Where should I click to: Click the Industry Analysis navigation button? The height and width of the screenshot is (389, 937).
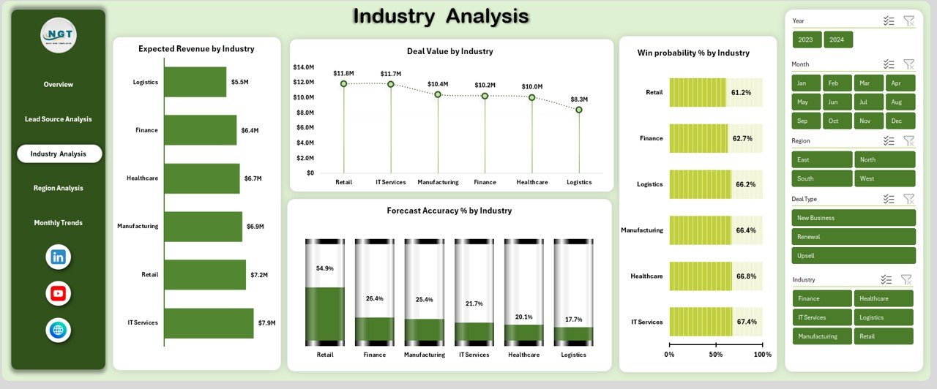(59, 154)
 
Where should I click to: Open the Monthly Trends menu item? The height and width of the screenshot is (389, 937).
(58, 223)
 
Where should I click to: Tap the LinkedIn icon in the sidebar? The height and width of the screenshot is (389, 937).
(59, 257)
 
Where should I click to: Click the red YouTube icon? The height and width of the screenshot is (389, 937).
(59, 293)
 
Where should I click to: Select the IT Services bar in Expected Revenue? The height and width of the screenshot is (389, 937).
(209, 322)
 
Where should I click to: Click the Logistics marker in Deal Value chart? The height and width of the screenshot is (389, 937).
(578, 110)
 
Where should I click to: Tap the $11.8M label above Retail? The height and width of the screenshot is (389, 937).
(343, 73)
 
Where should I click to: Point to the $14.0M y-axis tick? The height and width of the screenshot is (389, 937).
(304, 67)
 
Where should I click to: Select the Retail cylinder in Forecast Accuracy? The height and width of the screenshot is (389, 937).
(325, 292)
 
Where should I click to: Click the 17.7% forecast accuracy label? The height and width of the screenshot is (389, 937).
(573, 320)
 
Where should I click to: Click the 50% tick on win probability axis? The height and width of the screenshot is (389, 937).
(716, 354)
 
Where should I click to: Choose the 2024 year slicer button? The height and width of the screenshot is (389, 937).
(837, 39)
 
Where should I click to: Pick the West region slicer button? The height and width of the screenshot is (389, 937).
(884, 178)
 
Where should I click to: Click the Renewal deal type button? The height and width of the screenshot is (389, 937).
(854, 237)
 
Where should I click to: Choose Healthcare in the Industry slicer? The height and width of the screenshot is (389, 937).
(884, 298)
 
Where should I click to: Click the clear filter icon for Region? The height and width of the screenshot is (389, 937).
(908, 140)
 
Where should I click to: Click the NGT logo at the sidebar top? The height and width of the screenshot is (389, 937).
(59, 35)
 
